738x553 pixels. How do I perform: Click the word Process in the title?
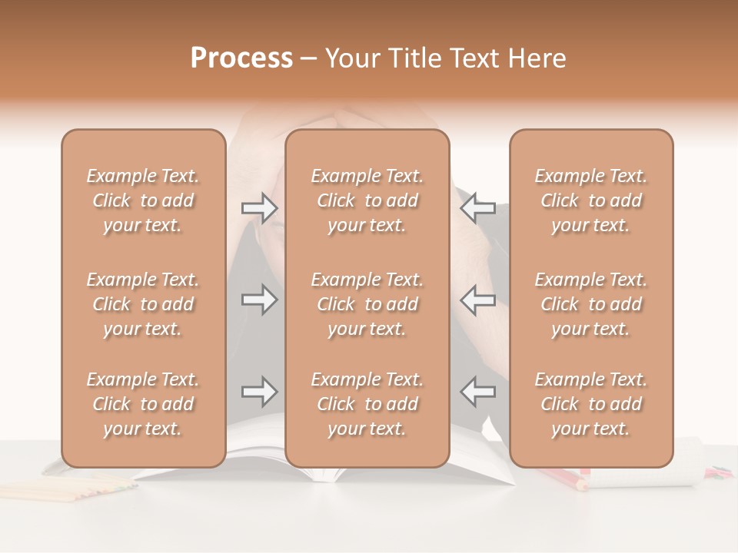[241, 58]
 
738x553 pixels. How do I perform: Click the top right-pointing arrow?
[259, 208]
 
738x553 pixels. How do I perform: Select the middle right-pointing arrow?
[259, 300]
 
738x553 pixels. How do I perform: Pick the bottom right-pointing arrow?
[259, 392]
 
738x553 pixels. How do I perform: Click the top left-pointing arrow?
[478, 208]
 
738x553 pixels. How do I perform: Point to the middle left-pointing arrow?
[478, 300]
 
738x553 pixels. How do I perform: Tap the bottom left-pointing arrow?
[478, 392]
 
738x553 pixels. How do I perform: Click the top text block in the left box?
[143, 200]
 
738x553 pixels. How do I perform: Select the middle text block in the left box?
[143, 304]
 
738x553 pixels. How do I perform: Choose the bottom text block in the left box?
[143, 404]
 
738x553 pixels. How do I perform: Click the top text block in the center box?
[367, 200]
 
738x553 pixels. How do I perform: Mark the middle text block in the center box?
[367, 304]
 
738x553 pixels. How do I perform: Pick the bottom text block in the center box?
[367, 404]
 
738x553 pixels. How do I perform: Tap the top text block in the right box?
[590, 200]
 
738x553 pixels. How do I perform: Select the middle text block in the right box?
[590, 304]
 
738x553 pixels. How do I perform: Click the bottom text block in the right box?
[590, 404]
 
